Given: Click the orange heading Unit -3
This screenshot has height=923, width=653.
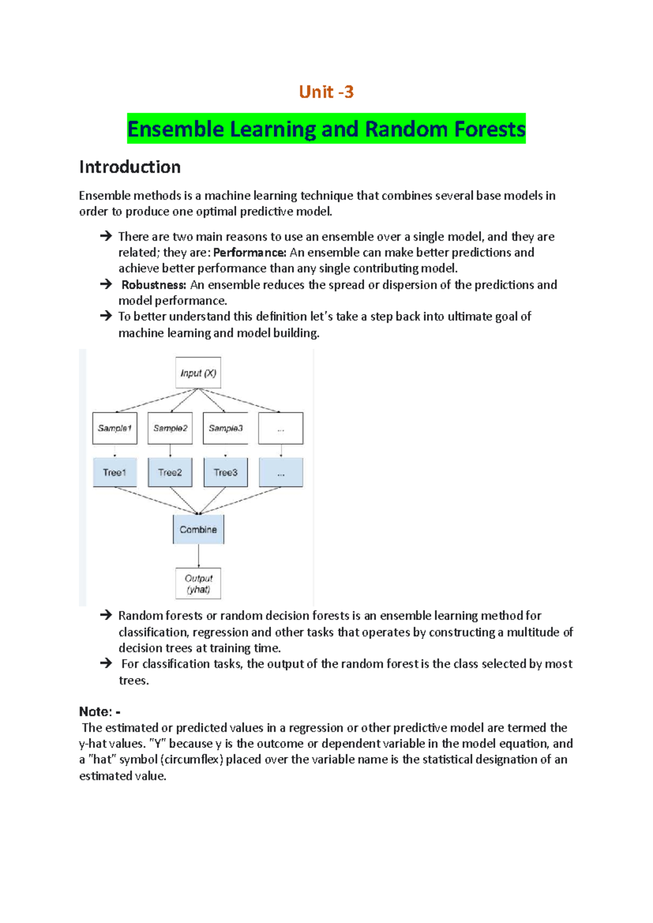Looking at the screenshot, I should click(x=326, y=92).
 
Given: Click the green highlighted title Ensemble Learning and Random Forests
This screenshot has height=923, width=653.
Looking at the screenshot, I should click(x=326, y=129).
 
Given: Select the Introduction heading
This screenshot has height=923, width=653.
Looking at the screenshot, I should click(x=130, y=167).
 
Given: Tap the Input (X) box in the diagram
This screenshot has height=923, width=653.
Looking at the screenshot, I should click(x=198, y=373).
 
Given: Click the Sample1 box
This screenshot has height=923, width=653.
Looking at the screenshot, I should click(x=114, y=428).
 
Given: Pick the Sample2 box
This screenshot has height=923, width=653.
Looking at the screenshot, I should click(x=170, y=428).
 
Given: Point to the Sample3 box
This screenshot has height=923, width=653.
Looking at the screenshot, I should click(x=225, y=428).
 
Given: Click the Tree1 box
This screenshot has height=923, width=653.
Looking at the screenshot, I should click(x=114, y=472).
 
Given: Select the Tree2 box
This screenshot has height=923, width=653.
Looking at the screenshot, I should click(x=170, y=472).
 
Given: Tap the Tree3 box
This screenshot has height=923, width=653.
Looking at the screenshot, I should click(x=225, y=472).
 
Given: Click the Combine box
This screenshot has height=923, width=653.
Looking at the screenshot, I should click(x=198, y=530).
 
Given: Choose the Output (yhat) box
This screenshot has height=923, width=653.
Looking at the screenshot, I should click(x=198, y=584).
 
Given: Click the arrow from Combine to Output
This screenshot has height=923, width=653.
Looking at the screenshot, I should click(x=199, y=556).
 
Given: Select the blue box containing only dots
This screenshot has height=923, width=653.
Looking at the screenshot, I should click(x=281, y=472).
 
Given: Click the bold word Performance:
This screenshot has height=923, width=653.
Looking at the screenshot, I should click(x=249, y=253).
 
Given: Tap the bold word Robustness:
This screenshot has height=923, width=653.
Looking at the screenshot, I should click(x=153, y=285).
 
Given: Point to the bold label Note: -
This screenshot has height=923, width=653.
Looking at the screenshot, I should click(x=100, y=712).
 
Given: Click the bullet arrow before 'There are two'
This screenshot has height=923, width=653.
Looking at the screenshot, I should click(x=106, y=236).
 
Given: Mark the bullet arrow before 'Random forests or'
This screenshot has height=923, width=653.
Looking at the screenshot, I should click(x=106, y=616).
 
